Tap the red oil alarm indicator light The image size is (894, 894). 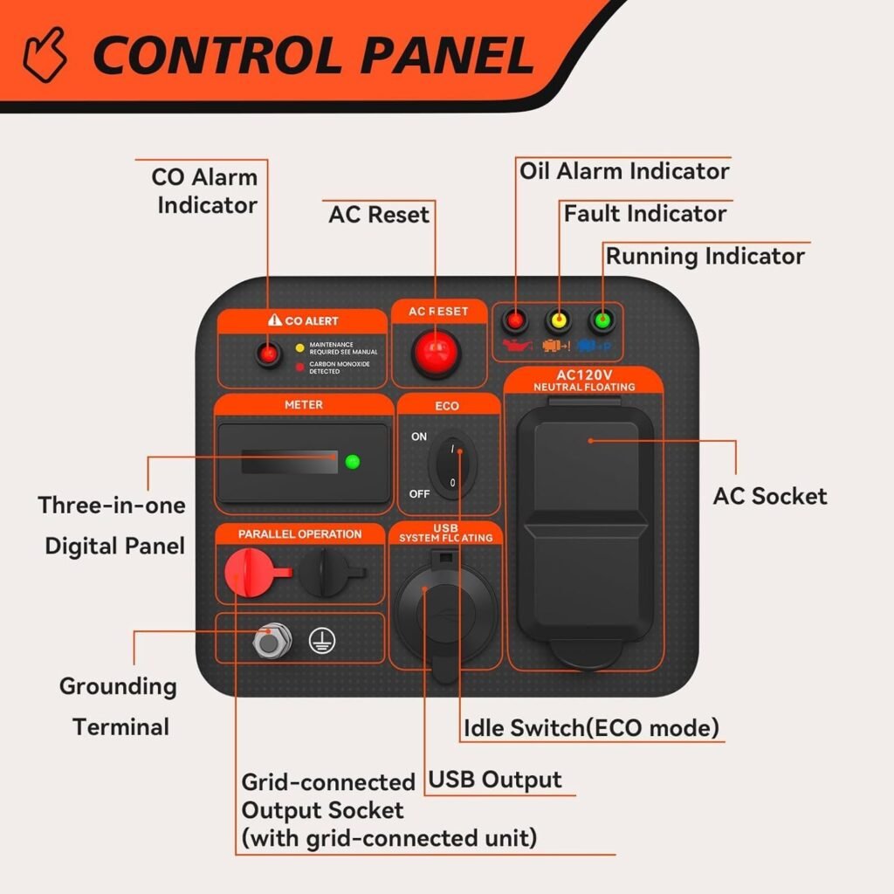(515, 320)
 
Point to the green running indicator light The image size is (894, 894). (601, 320)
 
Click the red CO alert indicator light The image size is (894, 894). (268, 354)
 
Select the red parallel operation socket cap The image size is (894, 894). (248, 572)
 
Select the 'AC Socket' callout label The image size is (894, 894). (769, 496)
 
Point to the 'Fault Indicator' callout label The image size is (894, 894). (644, 213)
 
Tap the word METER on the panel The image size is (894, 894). (303, 405)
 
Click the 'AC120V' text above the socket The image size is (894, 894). (585, 375)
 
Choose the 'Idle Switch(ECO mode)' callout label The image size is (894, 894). (591, 727)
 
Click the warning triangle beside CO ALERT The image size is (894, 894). (275, 321)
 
